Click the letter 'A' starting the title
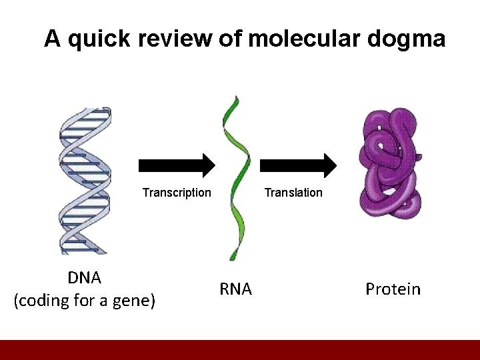[x=53, y=39]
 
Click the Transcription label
[x=177, y=193]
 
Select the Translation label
[x=293, y=193]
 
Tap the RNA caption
[x=235, y=289]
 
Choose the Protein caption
[x=393, y=289]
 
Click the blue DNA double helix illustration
[x=84, y=180]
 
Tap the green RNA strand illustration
[x=237, y=177]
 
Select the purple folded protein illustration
[x=389, y=163]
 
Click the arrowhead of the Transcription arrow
[x=209, y=165]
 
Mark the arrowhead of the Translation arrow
[x=330, y=165]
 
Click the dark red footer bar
[x=240, y=350]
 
